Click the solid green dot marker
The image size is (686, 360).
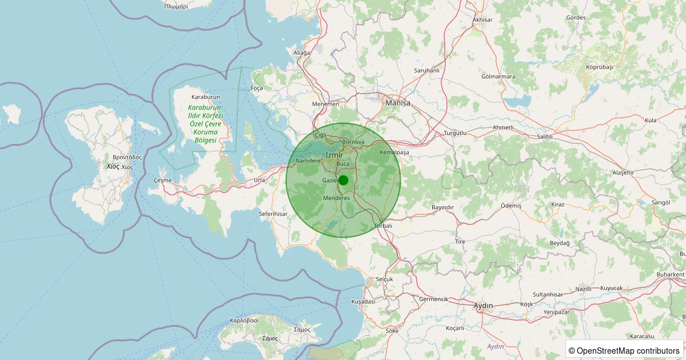coord(343,180)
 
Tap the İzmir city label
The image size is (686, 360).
coord(334,155)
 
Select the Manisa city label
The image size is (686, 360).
coord(398,103)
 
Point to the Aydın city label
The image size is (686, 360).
coord(483,306)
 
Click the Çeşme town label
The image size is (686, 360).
coord(162,180)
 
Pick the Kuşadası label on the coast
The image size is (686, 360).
coord(363,301)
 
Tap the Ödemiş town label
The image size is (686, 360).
coord(495,205)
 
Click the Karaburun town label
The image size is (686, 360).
coord(206,97)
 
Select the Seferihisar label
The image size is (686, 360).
coord(273,214)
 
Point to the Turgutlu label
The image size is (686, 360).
coord(455,133)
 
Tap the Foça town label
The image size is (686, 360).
coord(257,88)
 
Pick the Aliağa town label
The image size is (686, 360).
coord(301,53)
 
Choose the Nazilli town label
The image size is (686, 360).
coord(584,289)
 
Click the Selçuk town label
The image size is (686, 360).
coord(385,279)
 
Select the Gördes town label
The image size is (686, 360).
coord(576,18)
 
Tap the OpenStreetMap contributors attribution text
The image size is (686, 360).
coord(624,350)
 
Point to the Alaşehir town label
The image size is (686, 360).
coord(623,172)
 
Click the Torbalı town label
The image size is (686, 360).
coord(383,226)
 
